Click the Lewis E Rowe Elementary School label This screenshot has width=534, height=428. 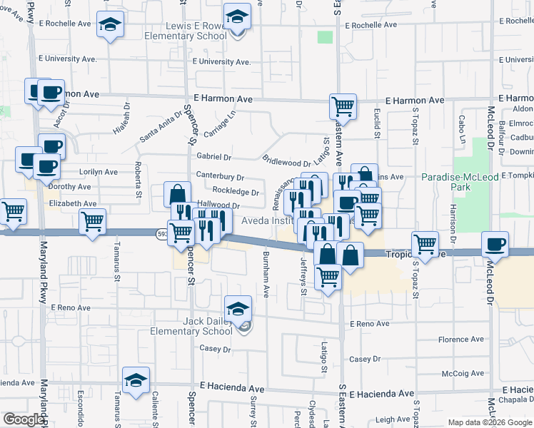[x=196, y=31]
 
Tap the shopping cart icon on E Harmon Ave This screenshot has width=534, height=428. [x=343, y=107]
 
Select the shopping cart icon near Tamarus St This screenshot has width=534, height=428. [x=93, y=223]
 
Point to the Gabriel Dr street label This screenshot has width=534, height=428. [x=214, y=157]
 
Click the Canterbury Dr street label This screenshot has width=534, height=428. [x=221, y=177]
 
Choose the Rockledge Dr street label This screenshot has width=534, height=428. [x=236, y=192]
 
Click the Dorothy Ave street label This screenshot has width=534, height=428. [x=69, y=187]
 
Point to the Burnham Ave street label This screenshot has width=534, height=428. [x=266, y=275]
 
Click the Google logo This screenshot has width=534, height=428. [x=24, y=419]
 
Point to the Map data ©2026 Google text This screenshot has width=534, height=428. [x=489, y=422]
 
